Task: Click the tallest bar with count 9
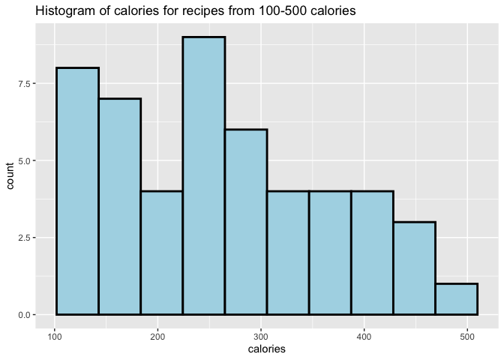click(x=204, y=175)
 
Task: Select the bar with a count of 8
click(x=77, y=191)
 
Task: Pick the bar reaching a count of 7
click(x=119, y=206)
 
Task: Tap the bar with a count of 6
click(x=246, y=222)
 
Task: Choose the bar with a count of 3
click(x=414, y=268)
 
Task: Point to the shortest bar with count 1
click(x=457, y=299)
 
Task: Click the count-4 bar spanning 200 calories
click(x=162, y=253)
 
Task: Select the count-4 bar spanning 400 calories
click(x=372, y=253)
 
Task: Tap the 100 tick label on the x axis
click(x=55, y=337)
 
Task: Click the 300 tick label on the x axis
click(x=261, y=337)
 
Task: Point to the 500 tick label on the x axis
click(x=467, y=337)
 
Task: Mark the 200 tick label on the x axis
click(x=157, y=337)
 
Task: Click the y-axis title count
click(x=10, y=175)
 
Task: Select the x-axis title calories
click(x=267, y=349)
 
